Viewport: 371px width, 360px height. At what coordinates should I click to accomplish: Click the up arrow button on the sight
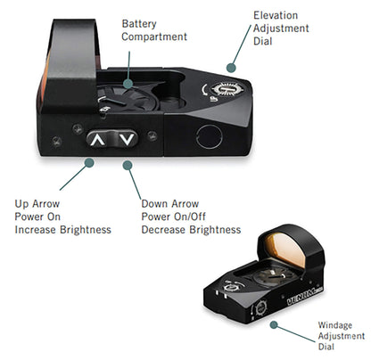click(x=98, y=139)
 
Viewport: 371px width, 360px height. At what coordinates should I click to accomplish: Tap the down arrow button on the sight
click(x=128, y=139)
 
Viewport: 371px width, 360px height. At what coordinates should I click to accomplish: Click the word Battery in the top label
click(x=141, y=23)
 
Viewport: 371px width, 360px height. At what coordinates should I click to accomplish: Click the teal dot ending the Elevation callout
click(x=233, y=66)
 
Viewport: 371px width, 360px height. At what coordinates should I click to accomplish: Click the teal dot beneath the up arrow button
click(x=90, y=163)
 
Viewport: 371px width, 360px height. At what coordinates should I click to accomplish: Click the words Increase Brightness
click(x=62, y=230)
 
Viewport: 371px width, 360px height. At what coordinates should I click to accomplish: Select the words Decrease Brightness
click(x=191, y=230)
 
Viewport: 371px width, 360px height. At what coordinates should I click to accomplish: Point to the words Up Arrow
click(x=39, y=203)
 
